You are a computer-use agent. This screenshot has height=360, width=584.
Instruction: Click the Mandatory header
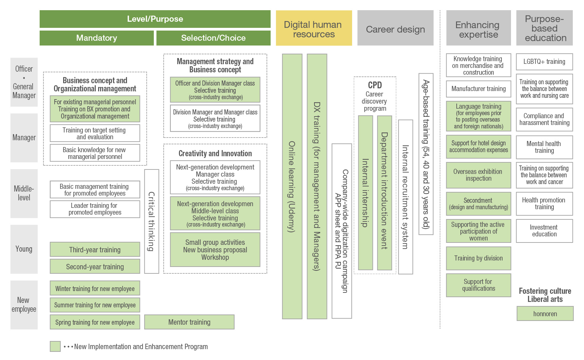click(x=96, y=38)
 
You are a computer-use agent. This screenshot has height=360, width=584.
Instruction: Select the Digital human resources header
click(x=314, y=29)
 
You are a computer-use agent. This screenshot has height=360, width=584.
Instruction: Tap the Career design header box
click(x=395, y=29)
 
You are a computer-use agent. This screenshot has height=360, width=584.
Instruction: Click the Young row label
click(x=24, y=249)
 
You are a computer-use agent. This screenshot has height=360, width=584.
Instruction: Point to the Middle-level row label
click(x=24, y=193)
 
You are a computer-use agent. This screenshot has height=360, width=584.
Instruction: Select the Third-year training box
click(x=95, y=250)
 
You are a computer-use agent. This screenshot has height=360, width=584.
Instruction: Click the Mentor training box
click(x=189, y=322)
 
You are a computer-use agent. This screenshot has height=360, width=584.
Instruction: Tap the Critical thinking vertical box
click(x=151, y=221)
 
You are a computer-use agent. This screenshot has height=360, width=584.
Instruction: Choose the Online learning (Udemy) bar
click(x=292, y=186)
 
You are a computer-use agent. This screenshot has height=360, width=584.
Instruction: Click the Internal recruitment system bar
click(x=405, y=197)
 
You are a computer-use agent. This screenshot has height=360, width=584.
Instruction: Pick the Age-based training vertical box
click(x=426, y=154)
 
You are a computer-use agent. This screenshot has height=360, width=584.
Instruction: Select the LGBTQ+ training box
click(x=544, y=61)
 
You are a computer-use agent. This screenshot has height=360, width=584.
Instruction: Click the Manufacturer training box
click(x=478, y=89)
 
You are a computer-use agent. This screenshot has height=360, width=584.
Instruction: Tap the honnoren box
click(x=545, y=313)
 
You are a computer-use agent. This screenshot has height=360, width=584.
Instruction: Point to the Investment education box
click(x=544, y=231)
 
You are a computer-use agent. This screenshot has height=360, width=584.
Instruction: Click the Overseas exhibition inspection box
click(x=478, y=175)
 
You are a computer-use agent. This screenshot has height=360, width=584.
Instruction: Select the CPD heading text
click(x=375, y=85)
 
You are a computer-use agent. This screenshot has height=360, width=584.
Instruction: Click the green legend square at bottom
click(x=55, y=346)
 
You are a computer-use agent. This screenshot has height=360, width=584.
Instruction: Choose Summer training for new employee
click(x=95, y=305)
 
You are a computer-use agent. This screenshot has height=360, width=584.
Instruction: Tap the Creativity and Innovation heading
click(x=215, y=154)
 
